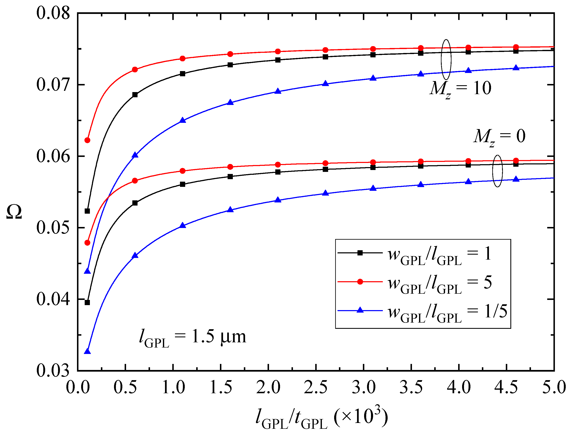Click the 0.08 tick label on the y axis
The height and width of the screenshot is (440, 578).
[53, 13]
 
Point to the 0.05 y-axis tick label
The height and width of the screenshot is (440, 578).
[53, 227]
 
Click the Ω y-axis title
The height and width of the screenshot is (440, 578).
[14, 212]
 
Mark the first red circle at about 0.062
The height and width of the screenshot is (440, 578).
[87, 140]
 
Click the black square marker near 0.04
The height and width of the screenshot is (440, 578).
[87, 302]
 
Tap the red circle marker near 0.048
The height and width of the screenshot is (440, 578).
[87, 243]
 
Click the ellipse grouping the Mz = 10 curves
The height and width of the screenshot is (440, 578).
[446, 60]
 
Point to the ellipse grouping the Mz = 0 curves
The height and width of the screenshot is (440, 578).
[497, 171]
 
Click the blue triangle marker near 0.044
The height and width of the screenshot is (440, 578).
[87, 271]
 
